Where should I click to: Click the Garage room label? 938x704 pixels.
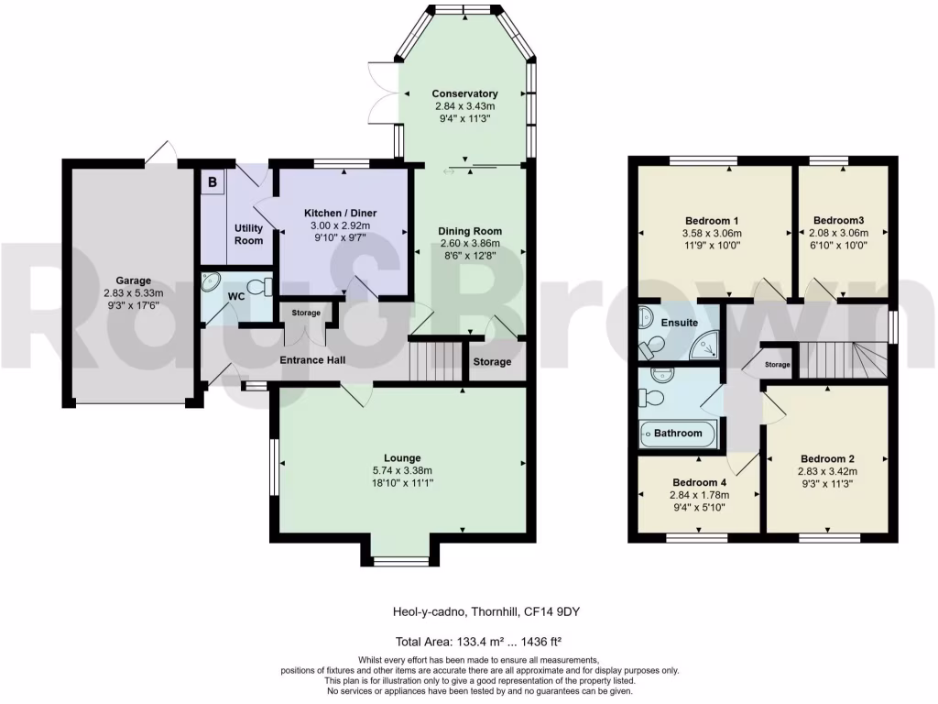(x=133, y=280)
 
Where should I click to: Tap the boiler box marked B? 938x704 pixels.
(x=213, y=181)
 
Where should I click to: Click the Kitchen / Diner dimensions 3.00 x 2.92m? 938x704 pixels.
(x=340, y=225)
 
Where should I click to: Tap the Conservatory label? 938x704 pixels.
(x=464, y=93)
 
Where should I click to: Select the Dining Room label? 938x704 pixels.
(x=470, y=231)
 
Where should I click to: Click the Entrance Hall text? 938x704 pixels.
(x=311, y=360)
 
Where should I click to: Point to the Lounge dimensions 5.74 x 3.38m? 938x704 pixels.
(x=402, y=470)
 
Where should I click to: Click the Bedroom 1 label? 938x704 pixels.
(x=712, y=220)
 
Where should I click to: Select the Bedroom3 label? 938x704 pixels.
(x=839, y=220)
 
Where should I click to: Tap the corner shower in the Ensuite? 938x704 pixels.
(x=704, y=346)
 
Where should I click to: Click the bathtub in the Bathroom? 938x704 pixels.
(x=678, y=433)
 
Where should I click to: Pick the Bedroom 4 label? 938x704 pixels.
(x=699, y=482)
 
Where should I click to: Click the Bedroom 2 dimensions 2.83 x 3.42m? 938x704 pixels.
(x=827, y=471)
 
